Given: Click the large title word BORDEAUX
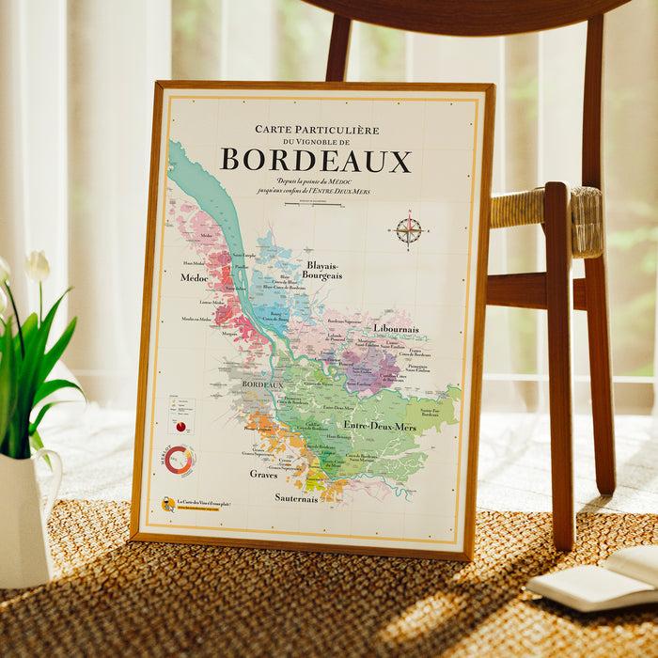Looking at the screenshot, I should (315, 161).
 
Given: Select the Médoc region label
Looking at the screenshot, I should (193, 278).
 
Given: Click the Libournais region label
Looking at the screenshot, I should (395, 330).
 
